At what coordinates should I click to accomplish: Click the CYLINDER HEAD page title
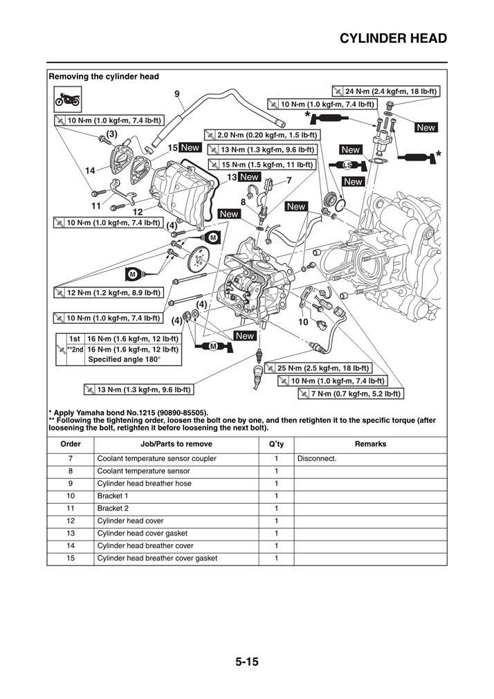[393, 38]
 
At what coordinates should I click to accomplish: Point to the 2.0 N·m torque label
[262, 136]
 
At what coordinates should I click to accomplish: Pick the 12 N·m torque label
[108, 293]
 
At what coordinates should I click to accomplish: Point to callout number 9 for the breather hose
[176, 93]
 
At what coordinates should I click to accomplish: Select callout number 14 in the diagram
[91, 170]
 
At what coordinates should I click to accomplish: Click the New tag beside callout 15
[190, 147]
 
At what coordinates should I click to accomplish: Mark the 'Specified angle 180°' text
[124, 360]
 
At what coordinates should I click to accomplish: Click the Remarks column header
[371, 444]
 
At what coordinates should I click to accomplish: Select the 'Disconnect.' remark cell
[317, 458]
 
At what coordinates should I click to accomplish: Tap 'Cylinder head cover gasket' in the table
[142, 533]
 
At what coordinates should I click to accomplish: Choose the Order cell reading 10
[71, 496]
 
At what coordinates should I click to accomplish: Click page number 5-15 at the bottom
[246, 662]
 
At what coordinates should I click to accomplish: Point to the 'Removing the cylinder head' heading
[104, 77]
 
